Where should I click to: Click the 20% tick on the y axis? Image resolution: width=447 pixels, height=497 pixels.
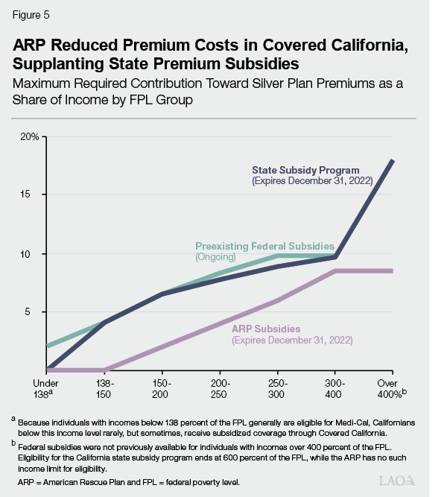click(x=30, y=137)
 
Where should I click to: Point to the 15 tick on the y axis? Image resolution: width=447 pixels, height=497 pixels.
click(x=34, y=194)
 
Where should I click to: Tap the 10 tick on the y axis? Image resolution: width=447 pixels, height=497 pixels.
click(x=34, y=253)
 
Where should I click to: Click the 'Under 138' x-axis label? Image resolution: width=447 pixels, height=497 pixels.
click(x=45, y=386)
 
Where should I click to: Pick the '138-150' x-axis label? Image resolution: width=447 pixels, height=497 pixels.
click(x=104, y=386)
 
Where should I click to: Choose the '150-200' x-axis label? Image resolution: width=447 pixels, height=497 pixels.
click(x=162, y=386)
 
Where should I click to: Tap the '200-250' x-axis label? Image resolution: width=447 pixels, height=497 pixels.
click(x=219, y=386)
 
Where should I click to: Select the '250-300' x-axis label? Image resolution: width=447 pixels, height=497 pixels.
click(x=277, y=386)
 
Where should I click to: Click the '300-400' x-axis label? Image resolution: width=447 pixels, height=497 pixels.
click(x=335, y=386)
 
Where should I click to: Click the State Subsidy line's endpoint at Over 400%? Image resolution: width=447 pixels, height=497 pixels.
click(x=393, y=160)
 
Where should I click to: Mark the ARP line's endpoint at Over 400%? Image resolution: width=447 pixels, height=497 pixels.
click(x=393, y=270)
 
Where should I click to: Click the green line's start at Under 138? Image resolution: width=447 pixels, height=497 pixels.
click(x=46, y=346)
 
